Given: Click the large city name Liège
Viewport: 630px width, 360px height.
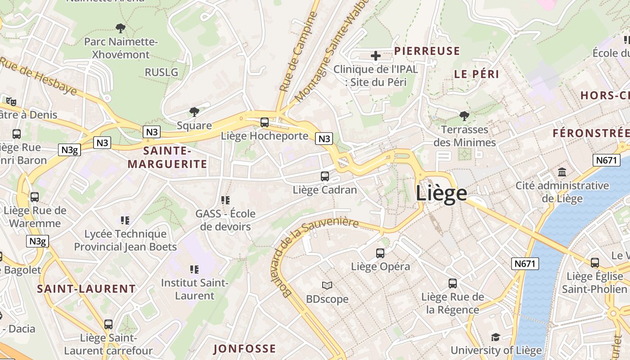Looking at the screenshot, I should click(x=441, y=193).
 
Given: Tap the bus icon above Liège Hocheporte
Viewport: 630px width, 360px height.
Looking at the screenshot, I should click(x=265, y=122).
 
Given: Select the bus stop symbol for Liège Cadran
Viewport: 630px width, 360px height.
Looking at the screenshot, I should click(x=325, y=176).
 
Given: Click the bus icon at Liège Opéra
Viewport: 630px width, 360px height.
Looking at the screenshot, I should click(x=380, y=253).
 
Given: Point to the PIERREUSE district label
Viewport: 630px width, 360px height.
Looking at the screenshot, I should click(x=427, y=51).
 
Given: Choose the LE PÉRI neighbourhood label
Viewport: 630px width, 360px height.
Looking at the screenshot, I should click(x=477, y=75).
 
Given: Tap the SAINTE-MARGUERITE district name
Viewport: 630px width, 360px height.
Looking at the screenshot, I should click(x=167, y=157).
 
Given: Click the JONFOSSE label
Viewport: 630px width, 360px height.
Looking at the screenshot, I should click(x=244, y=349).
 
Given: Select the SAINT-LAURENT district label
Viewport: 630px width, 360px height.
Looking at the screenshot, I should click(x=86, y=289).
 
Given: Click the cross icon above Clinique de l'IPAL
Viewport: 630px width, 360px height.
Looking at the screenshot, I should click(x=376, y=56).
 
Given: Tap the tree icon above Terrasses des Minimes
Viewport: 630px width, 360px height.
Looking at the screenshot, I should click(x=464, y=116).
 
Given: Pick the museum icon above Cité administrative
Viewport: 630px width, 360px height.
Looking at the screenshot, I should click(x=562, y=172).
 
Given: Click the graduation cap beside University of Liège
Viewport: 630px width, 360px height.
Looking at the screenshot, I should click(x=495, y=337).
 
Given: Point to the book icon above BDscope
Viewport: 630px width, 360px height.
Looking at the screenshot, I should click(x=327, y=285).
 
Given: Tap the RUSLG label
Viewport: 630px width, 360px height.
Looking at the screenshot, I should click(x=161, y=72).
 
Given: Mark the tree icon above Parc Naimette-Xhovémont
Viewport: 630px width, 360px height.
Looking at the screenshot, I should click(x=120, y=28).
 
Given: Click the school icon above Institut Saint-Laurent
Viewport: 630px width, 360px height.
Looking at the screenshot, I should click(x=194, y=270).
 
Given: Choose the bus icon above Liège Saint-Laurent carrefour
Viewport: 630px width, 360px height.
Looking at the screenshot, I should click(x=108, y=324).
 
